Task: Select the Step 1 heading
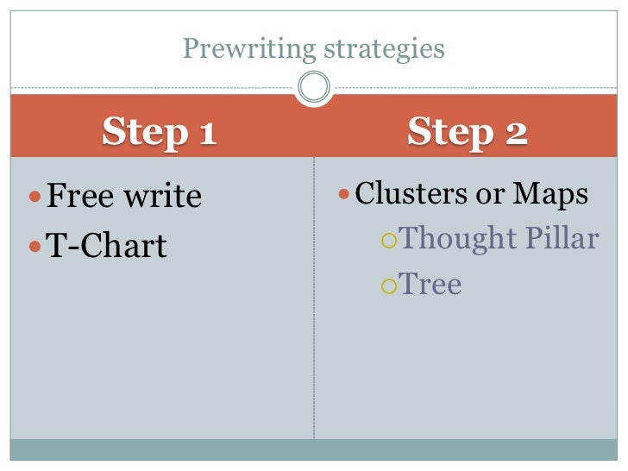tap(160, 133)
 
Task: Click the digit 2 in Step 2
tap(514, 133)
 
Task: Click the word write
tap(163, 197)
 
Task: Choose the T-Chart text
tap(105, 247)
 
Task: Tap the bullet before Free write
tap(35, 198)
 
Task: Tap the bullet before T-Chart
tap(35, 248)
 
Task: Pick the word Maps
tap(551, 194)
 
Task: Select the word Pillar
tap(565, 238)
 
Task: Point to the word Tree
tap(430, 284)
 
